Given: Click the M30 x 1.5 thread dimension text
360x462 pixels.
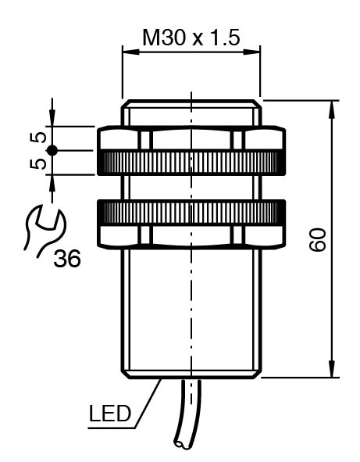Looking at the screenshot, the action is (x=191, y=38).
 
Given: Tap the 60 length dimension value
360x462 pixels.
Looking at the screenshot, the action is (x=318, y=239).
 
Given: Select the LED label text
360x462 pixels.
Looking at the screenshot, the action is (x=110, y=414).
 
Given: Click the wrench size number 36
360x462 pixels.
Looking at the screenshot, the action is (x=67, y=259).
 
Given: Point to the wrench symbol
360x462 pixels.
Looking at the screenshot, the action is (x=45, y=231).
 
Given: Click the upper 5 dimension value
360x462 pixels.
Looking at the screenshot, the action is (x=38, y=138).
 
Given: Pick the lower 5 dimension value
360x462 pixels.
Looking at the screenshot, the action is (x=38, y=163).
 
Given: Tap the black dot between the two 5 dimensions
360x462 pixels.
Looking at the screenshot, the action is (x=52, y=151).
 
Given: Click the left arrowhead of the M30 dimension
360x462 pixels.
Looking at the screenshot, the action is (x=130, y=52).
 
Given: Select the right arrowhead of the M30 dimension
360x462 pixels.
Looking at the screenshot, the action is (x=252, y=52).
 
